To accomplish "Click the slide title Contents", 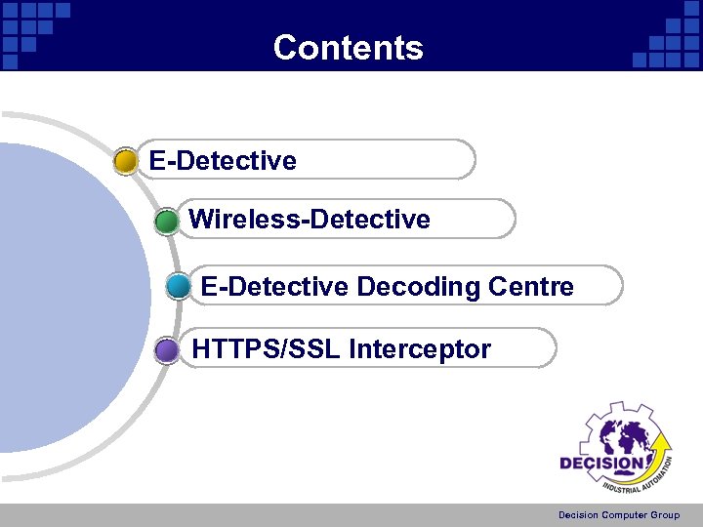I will click(349, 48).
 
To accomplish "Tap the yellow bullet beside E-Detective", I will click(126, 161).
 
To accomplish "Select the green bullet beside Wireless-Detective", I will click(167, 222).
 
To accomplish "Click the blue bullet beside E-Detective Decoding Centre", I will click(179, 287).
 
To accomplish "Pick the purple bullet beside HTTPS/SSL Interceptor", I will click(168, 349).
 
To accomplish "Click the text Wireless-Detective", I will click(309, 220).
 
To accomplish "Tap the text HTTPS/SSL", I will click(266, 348).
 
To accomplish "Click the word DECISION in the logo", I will click(600, 464).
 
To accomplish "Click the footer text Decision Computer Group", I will click(619, 515).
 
